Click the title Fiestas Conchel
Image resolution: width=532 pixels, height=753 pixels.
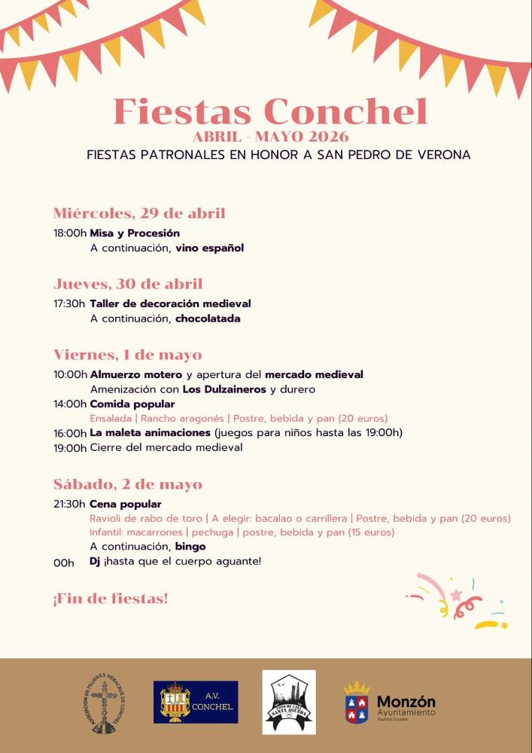(270, 111)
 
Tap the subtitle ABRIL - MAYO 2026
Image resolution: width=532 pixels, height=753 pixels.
(270, 137)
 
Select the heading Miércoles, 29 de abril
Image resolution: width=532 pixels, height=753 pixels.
(139, 213)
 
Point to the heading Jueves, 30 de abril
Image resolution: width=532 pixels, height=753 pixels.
(128, 284)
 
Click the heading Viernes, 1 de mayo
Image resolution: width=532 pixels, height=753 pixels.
(127, 355)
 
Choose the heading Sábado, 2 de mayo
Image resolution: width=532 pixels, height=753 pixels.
(127, 484)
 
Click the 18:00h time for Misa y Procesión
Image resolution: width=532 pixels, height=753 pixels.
(70, 233)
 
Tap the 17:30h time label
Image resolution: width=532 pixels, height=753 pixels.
(69, 304)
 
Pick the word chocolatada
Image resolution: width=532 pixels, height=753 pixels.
(208, 319)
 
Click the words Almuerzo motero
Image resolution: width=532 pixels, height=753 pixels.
(136, 375)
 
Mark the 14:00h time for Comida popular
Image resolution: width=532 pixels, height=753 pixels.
(70, 404)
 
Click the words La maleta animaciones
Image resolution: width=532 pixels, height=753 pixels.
(150, 433)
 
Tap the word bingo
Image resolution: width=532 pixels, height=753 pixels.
(190, 547)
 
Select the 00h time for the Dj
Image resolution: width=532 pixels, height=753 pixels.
(64, 562)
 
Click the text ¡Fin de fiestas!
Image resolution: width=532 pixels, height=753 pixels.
(110, 599)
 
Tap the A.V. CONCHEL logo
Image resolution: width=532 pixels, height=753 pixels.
(196, 703)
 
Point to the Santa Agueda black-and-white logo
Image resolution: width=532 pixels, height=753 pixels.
(289, 702)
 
